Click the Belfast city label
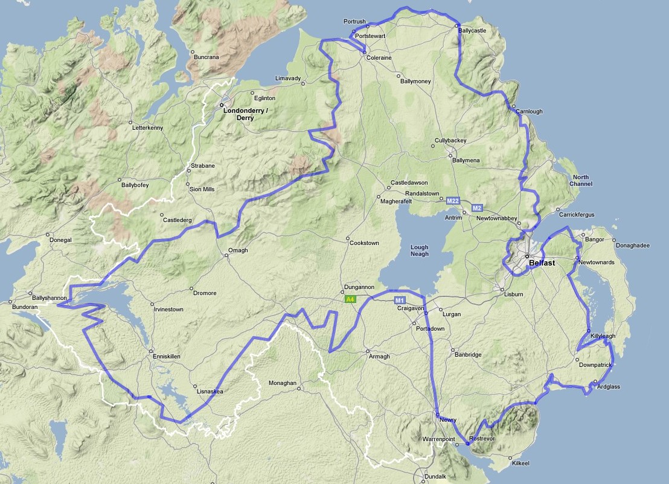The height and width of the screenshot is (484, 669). click(x=542, y=263)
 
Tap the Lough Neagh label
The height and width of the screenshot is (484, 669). click(x=419, y=250)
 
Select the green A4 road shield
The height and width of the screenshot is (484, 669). click(x=350, y=299)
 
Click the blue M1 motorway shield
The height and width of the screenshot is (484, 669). click(x=399, y=300)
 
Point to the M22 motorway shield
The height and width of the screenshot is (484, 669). click(x=453, y=200)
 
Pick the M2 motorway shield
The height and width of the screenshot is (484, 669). click(x=477, y=208)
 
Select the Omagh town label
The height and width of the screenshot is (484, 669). click(x=238, y=250)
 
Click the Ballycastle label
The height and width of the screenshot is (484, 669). click(x=472, y=30)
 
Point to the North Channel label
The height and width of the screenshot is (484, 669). click(x=581, y=180)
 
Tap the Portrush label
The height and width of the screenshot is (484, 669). click(x=355, y=22)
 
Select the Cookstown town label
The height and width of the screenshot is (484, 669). click(x=364, y=243)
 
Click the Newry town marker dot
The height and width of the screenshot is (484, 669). click(x=437, y=415)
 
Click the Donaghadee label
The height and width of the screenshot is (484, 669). click(x=632, y=245)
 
